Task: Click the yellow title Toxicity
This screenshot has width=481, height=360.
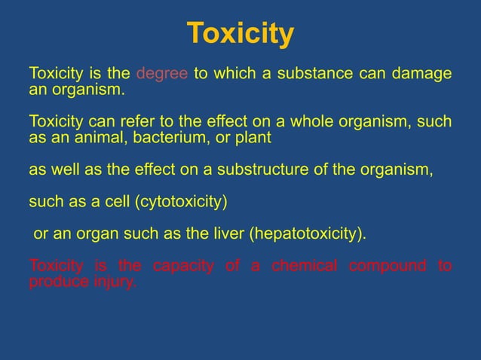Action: [240, 34]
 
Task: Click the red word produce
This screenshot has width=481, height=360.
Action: [54, 283]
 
